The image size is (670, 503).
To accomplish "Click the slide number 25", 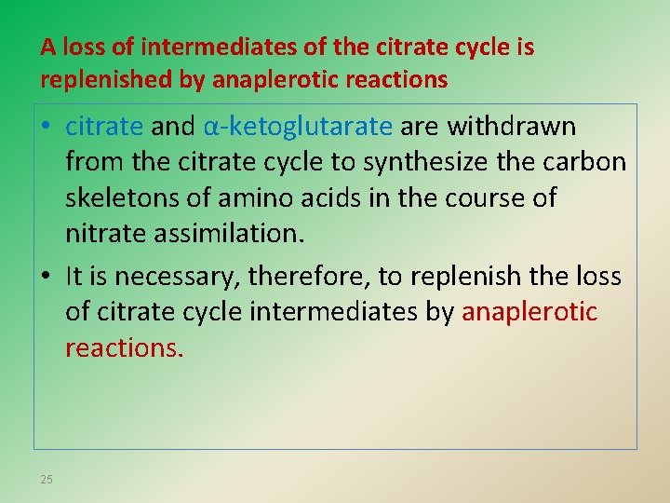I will (47, 480).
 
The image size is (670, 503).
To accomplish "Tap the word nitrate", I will (99, 233).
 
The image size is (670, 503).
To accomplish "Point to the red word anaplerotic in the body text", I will (529, 312).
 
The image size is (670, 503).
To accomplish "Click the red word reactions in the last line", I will (124, 347).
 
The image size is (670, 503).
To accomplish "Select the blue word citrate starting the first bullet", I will (103, 126).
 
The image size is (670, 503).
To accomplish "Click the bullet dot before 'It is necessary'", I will (47, 277).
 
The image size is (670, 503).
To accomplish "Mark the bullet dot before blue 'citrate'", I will (47, 127).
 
